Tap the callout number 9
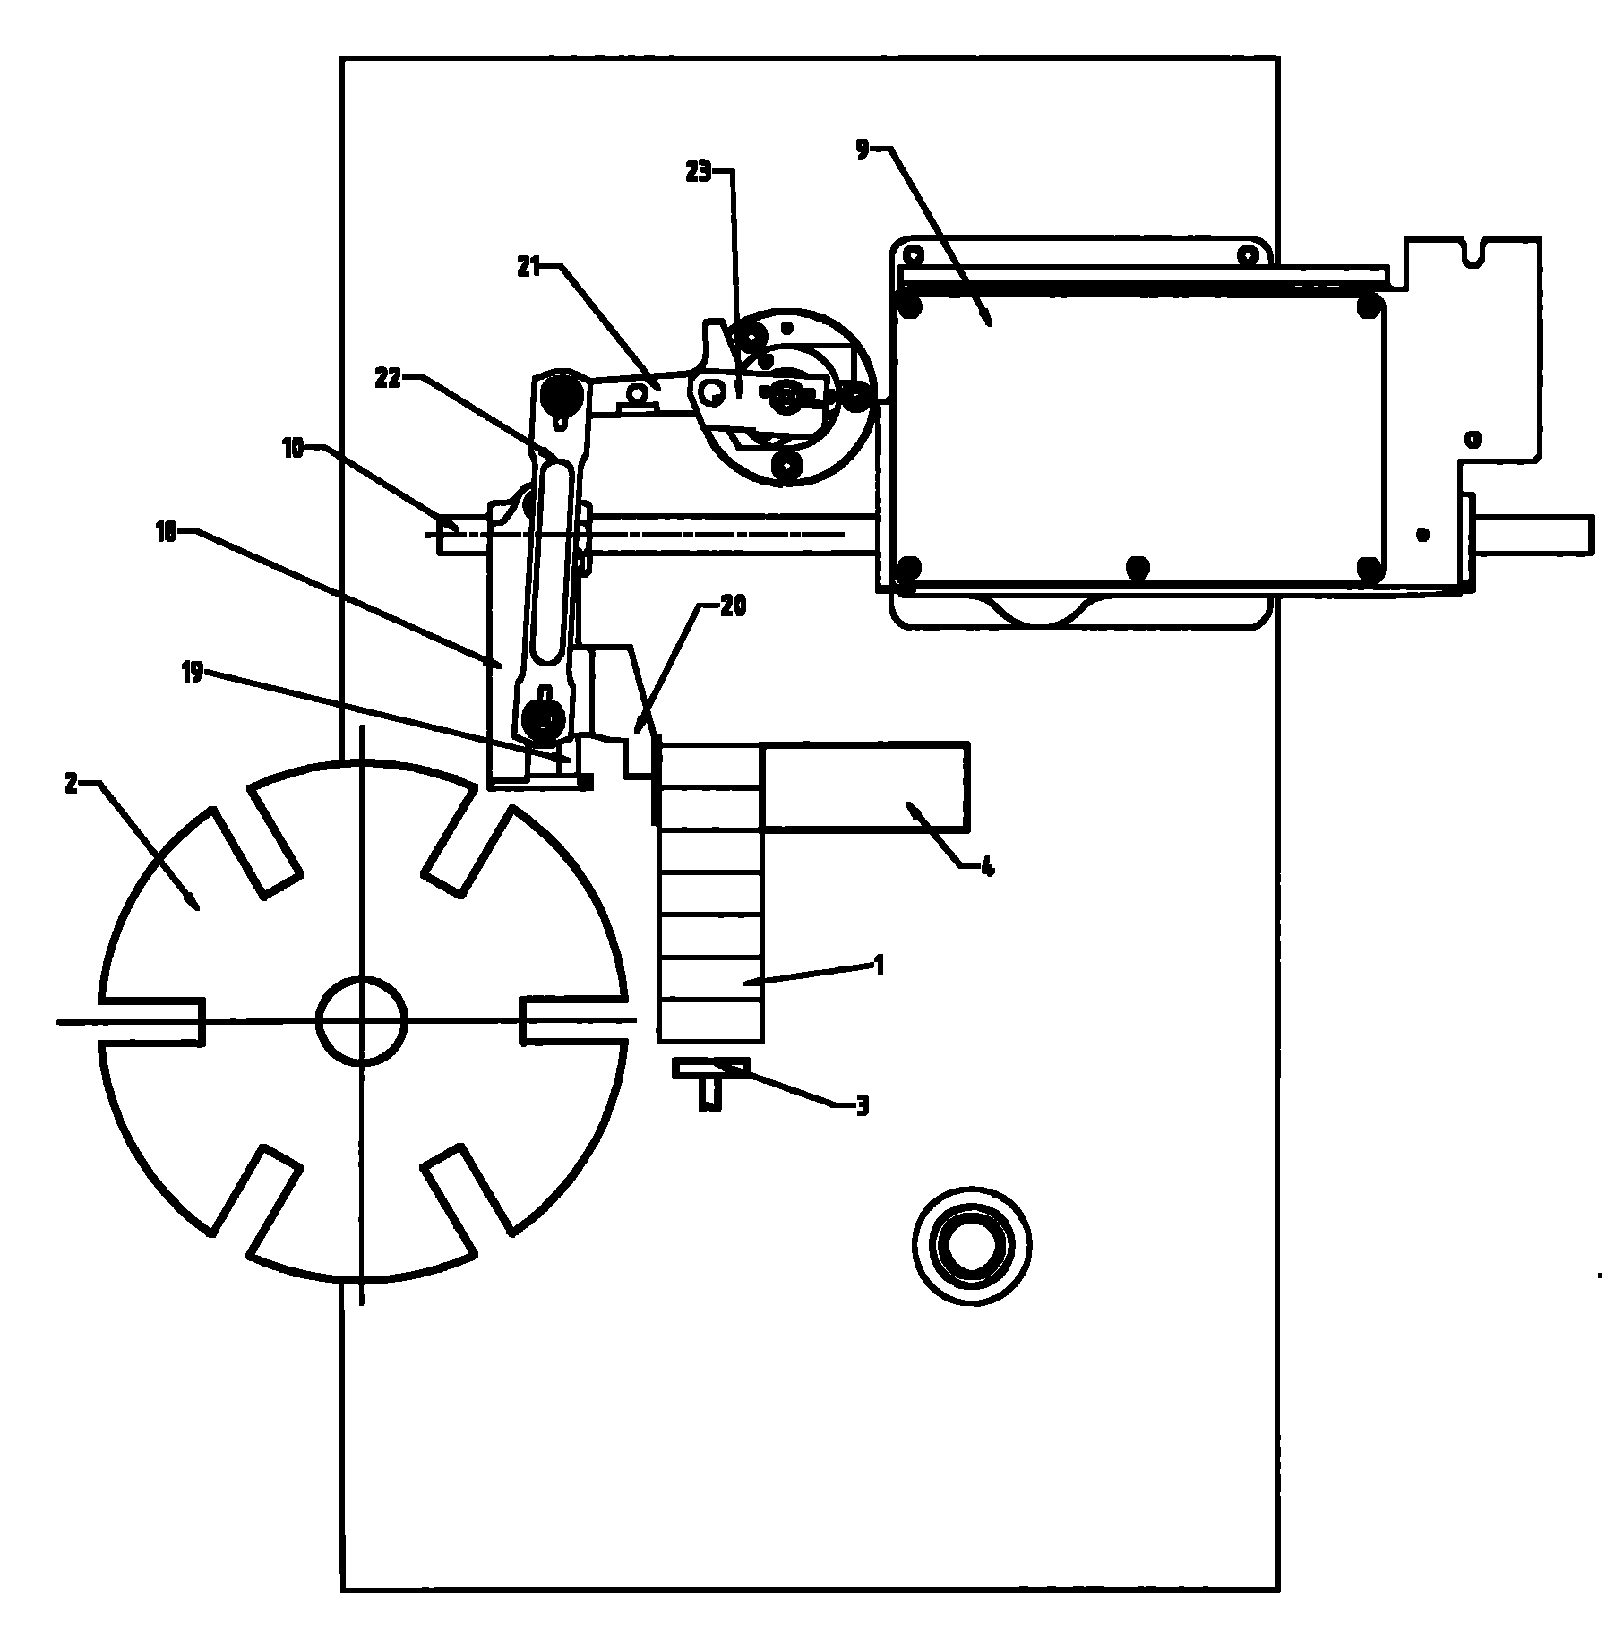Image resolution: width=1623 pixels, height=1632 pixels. tap(862, 150)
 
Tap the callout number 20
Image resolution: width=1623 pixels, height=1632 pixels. tap(733, 606)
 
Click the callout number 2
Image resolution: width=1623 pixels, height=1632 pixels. tap(72, 784)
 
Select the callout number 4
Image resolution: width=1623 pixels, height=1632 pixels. tap(988, 867)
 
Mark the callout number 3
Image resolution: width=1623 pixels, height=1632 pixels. tap(862, 1105)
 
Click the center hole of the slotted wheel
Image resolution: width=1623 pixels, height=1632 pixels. tap(362, 1021)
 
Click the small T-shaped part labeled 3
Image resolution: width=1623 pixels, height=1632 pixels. tap(711, 1082)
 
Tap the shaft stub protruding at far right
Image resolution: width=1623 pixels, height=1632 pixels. tap(1533, 534)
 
